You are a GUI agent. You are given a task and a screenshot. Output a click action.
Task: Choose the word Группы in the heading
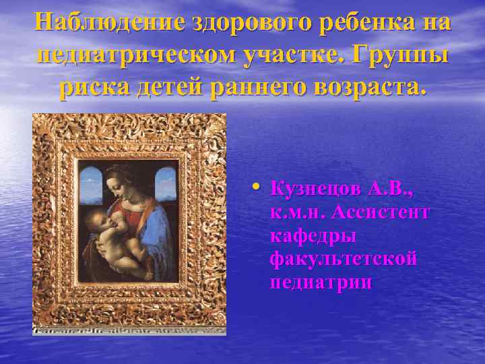[x=406, y=56]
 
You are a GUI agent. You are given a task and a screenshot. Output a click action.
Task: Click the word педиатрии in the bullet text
[x=320, y=282]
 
